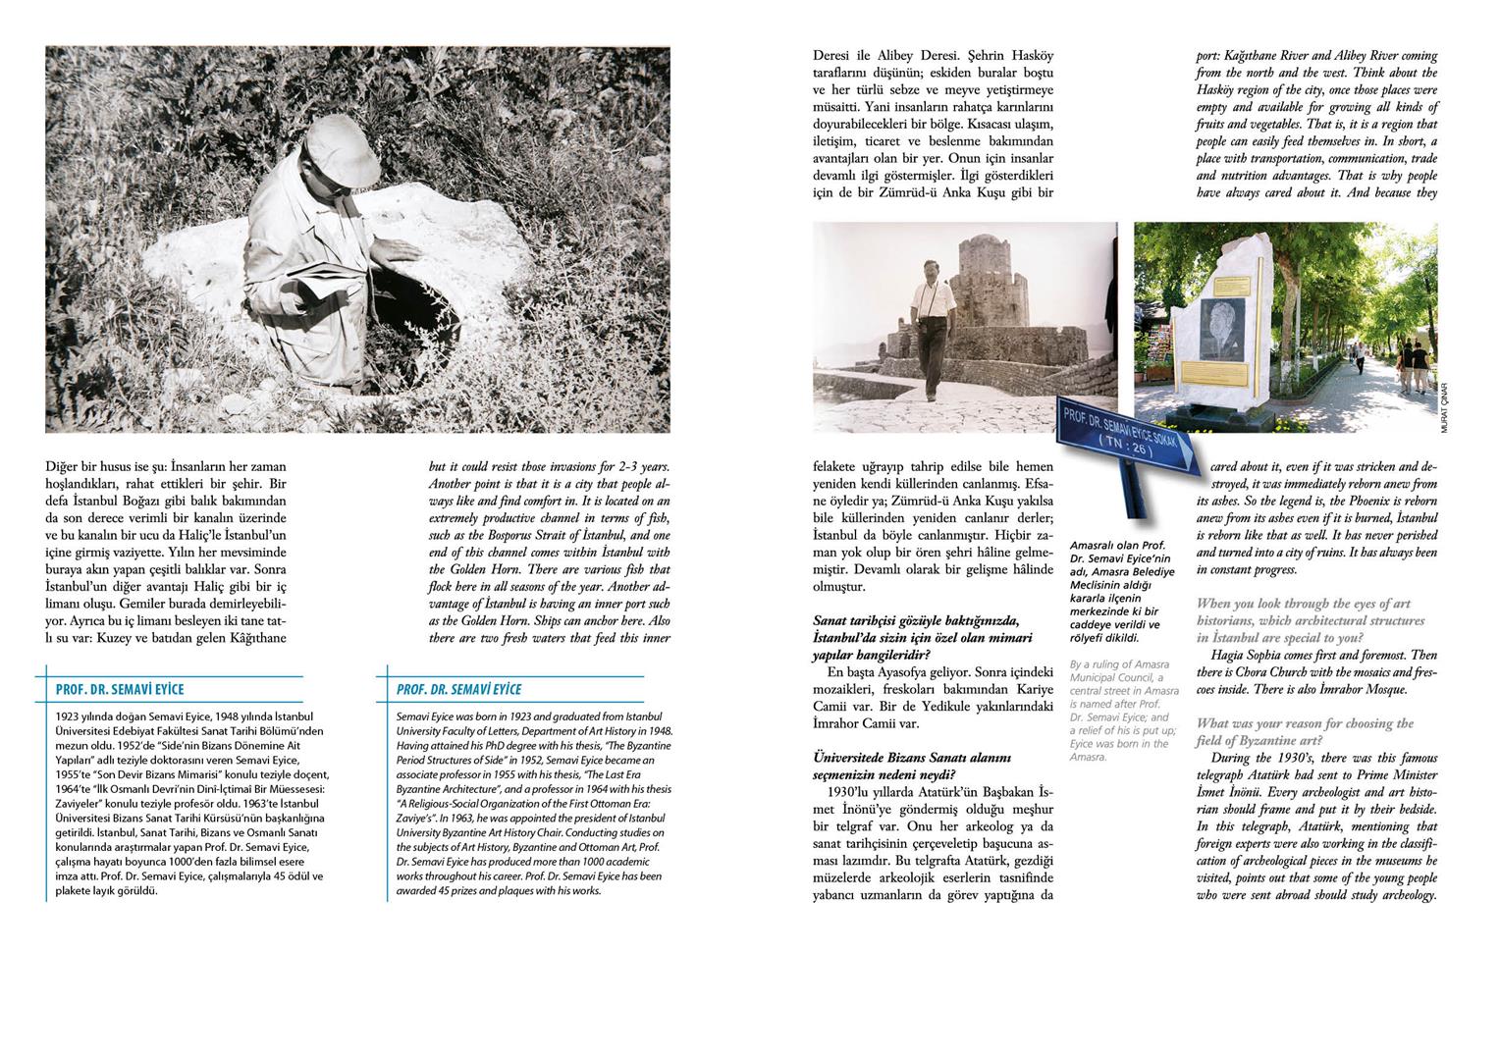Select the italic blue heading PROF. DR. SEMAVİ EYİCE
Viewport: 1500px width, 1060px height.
click(x=459, y=690)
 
